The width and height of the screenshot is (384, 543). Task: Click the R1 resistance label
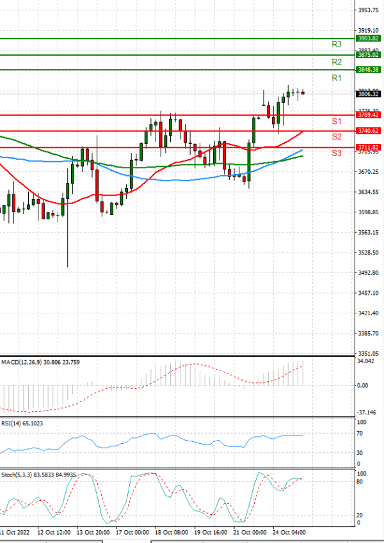point(337,78)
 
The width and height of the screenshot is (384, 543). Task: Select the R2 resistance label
point(337,62)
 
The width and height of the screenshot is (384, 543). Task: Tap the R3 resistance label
point(337,44)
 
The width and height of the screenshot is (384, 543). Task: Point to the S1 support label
point(336,121)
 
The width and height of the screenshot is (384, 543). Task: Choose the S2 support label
point(336,137)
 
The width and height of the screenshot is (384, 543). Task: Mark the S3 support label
point(336,153)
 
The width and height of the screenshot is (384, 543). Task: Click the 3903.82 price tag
point(368,38)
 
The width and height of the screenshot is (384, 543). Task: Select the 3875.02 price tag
point(368,55)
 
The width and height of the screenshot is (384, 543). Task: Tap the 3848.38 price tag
point(368,69)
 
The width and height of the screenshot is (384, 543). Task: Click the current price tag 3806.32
point(368,94)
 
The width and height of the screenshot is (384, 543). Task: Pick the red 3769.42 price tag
point(368,115)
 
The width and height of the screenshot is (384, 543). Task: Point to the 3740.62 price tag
point(368,131)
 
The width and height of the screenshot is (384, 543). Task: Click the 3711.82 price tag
point(368,147)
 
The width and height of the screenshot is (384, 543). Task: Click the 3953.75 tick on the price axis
point(368,10)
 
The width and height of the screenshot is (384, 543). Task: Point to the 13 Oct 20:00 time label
point(92,532)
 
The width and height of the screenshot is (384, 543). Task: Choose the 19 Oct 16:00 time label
point(211,532)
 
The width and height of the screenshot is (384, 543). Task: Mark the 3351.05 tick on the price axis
point(368,353)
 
